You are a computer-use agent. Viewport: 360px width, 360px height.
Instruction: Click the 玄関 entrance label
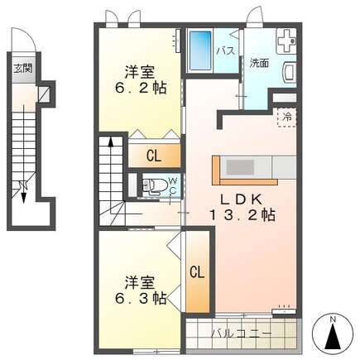23,68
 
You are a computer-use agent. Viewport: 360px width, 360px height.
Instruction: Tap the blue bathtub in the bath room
200,50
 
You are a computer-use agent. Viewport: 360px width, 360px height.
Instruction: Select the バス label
226,50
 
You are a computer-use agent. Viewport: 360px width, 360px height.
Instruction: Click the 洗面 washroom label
259,63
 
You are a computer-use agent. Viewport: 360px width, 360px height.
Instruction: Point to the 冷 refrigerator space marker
287,118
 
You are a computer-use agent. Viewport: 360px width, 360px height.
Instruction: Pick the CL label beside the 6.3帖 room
197,272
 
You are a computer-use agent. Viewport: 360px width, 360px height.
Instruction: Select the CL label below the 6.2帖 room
154,156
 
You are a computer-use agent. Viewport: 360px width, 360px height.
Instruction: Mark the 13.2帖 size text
242,215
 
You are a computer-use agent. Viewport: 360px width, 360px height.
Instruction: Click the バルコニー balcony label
241,334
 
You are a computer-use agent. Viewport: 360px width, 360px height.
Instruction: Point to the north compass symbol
334,334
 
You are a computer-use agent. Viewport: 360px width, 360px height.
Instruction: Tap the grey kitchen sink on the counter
240,167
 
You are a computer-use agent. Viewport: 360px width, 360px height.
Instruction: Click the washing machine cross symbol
286,41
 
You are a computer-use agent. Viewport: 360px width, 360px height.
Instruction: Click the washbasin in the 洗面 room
290,72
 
